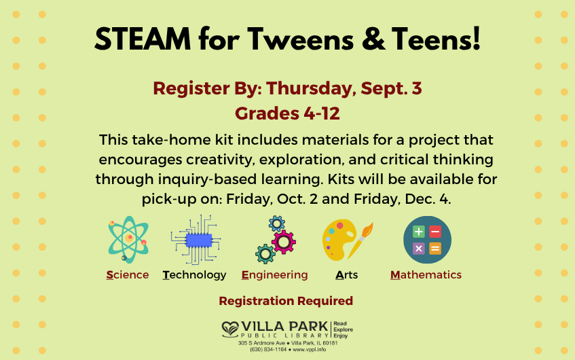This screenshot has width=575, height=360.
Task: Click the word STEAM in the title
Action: pos(143,39)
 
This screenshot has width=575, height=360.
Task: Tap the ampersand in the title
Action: pos(373,39)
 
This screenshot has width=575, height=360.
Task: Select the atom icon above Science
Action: pos(128,239)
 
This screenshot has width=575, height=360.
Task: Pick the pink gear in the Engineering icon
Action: pos(284,242)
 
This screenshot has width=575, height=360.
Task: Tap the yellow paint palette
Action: pos(339,240)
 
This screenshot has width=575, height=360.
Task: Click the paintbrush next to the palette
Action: pos(360,240)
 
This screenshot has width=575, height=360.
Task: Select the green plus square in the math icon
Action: pos(419,232)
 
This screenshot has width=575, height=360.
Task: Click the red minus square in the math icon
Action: pos(435,232)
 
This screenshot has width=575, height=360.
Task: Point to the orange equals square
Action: pos(435,249)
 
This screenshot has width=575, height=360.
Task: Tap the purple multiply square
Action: pos(419,249)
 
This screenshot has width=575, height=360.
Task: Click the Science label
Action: pos(128,275)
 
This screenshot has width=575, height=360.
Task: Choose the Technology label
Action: pos(194,275)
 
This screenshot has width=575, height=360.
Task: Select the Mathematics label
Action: pos(426,275)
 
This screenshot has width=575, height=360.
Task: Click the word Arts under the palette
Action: pos(346,275)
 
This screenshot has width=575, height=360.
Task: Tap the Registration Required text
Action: pos(286,301)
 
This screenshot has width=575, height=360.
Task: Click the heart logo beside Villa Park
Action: pos(230,329)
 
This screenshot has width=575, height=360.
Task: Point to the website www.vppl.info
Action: pos(309,349)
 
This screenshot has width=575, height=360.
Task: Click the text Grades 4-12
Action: pos(288,113)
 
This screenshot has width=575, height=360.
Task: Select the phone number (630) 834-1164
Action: pos(268,349)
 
